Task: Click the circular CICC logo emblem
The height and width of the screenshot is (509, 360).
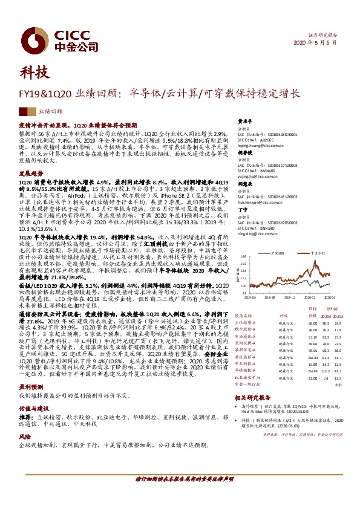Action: (37, 37)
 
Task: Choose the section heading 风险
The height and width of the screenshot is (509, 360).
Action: (25, 435)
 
